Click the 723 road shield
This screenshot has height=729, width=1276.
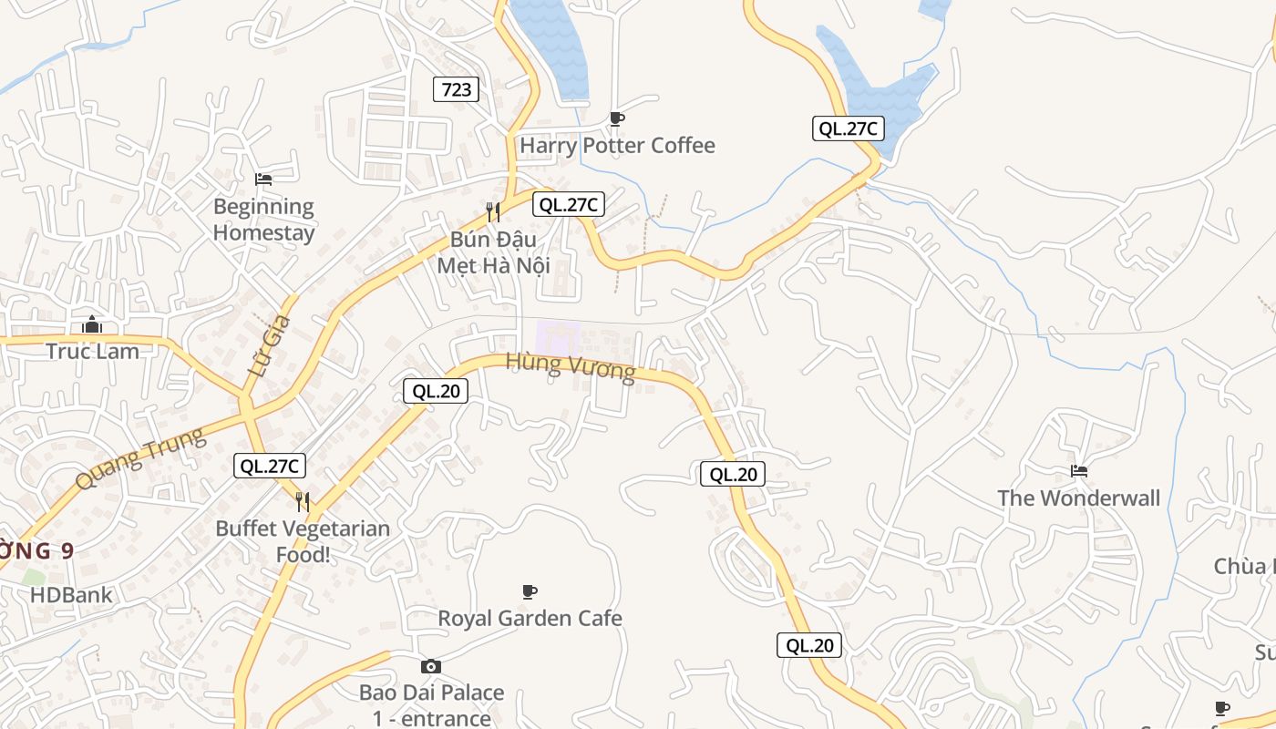tap(456, 88)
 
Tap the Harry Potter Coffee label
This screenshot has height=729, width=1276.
tap(617, 146)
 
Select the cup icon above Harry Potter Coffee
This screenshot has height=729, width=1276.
tap(617, 118)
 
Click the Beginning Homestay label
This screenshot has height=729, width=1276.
tap(263, 220)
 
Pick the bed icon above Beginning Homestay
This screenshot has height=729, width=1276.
tap(263, 180)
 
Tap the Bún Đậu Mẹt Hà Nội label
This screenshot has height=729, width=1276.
tap(493, 252)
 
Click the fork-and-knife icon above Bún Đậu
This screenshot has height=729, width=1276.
tap(493, 212)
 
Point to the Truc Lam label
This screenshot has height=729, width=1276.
tap(92, 352)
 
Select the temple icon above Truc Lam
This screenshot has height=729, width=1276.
tap(92, 324)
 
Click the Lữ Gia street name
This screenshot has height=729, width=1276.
tap(270, 347)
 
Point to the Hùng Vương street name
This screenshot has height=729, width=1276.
tap(571, 366)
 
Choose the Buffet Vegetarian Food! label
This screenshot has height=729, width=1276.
tap(303, 541)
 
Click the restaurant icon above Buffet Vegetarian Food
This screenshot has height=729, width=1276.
tap(303, 501)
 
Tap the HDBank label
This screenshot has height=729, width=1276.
tap(71, 595)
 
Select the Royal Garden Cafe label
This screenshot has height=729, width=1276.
tap(530, 619)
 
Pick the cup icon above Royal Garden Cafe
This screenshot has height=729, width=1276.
tap(530, 592)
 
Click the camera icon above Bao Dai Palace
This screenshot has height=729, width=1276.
tap(431, 666)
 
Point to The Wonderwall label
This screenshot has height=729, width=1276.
tap(1079, 498)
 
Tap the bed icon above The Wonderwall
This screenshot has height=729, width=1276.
tap(1079, 471)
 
